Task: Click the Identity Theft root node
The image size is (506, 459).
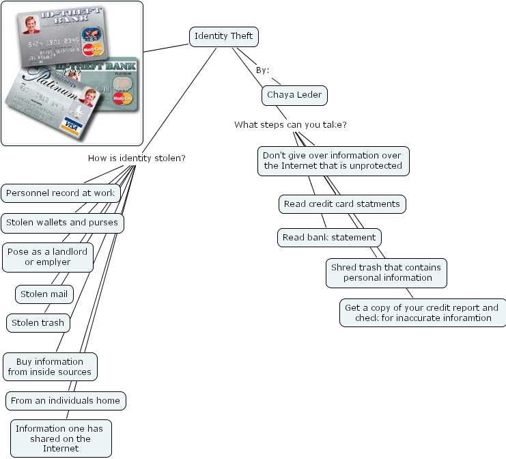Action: pyautogui.click(x=223, y=36)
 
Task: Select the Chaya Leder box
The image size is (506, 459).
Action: pyautogui.click(x=294, y=95)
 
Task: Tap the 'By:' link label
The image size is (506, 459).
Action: pyautogui.click(x=263, y=70)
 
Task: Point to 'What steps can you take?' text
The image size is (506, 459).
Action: pyautogui.click(x=290, y=125)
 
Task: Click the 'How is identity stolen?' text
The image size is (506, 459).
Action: pyautogui.click(x=137, y=158)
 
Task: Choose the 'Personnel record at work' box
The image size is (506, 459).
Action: pyautogui.click(x=61, y=193)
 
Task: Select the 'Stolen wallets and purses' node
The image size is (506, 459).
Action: pyautogui.click(x=62, y=223)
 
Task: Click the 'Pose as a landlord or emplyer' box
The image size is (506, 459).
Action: pyautogui.click(x=47, y=257)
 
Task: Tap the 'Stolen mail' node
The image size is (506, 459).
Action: pyautogui.click(x=44, y=294)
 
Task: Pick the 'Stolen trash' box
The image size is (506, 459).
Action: pyautogui.click(x=38, y=323)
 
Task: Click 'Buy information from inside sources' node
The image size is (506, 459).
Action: pyautogui.click(x=50, y=367)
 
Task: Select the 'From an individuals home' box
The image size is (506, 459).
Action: pyautogui.click(x=66, y=401)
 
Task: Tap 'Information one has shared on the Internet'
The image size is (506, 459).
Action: pyautogui.click(x=61, y=439)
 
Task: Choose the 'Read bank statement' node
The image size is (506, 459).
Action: pyautogui.click(x=329, y=238)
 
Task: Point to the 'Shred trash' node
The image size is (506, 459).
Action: pyautogui.click(x=386, y=273)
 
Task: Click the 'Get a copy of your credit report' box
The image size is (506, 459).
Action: pyautogui.click(x=423, y=313)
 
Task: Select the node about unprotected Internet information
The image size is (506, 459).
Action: pyautogui.click(x=333, y=161)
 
